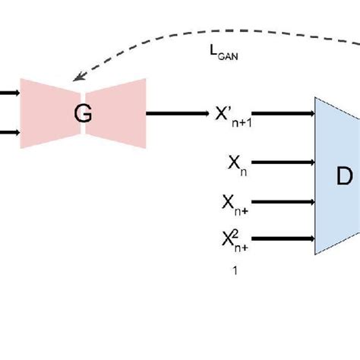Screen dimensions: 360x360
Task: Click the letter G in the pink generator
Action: (83, 114)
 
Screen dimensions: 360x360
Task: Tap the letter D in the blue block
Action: (344, 176)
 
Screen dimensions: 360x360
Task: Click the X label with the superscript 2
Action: (233, 242)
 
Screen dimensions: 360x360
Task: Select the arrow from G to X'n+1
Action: (178, 114)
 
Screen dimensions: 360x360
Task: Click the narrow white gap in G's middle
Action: (84, 131)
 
